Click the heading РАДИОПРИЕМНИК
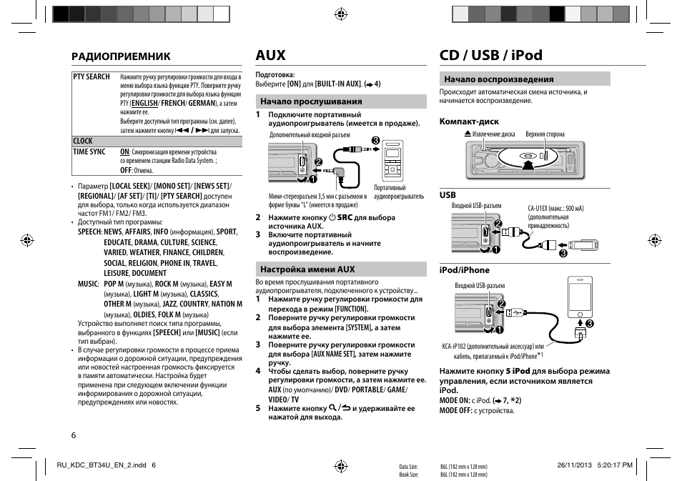(x=120, y=56)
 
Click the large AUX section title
(x=270, y=56)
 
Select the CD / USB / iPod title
(x=490, y=56)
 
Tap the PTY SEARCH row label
(x=92, y=76)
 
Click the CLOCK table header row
(x=157, y=142)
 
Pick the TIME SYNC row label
(x=89, y=152)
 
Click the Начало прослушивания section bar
(x=341, y=101)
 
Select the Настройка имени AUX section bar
(x=341, y=269)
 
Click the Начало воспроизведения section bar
(x=524, y=79)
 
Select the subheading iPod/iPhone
(x=464, y=270)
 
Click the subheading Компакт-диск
(x=469, y=122)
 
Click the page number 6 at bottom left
(x=74, y=435)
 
